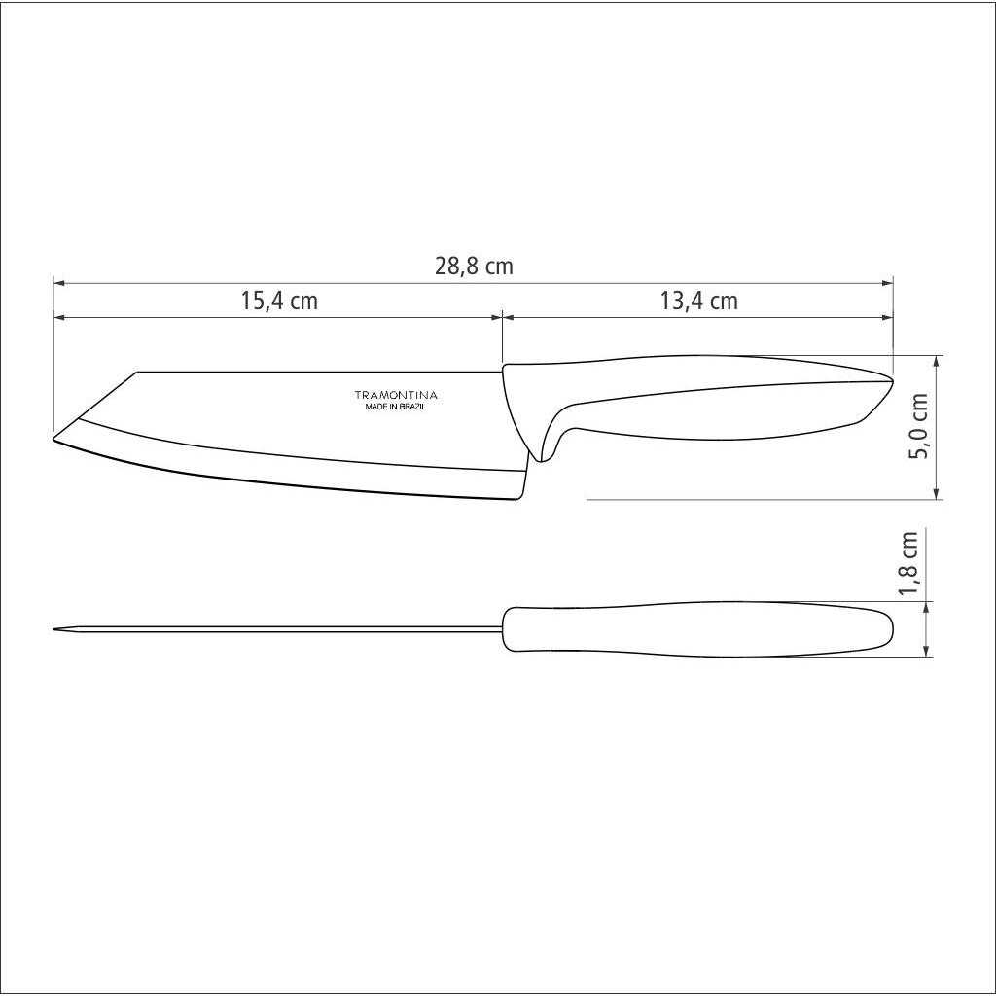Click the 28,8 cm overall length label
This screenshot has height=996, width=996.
coord(474,267)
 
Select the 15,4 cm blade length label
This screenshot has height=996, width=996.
coord(279,301)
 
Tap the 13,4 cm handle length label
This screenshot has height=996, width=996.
coord(698,301)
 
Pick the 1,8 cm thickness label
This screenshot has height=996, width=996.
coord(909,563)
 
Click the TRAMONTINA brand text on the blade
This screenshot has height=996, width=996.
coord(395,395)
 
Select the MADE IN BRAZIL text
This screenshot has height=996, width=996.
coord(395,407)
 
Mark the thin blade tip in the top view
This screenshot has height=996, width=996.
coord(56,629)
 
